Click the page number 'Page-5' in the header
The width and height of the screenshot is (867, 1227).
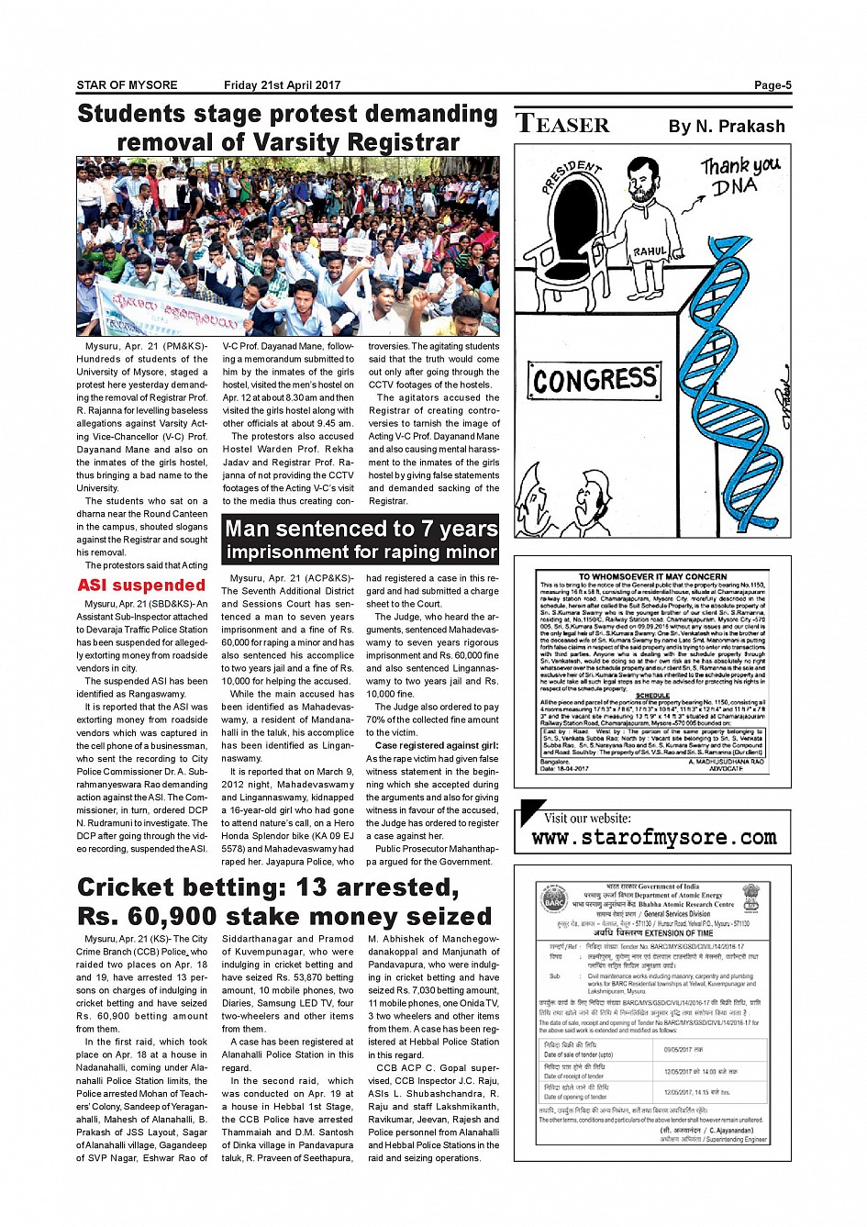773,85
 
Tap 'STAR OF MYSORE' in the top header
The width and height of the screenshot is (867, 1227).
127,85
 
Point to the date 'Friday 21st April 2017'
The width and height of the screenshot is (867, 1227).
282,85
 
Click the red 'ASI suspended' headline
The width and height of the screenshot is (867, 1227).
141,586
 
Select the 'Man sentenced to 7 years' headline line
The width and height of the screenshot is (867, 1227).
361,529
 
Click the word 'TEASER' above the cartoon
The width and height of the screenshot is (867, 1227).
562,124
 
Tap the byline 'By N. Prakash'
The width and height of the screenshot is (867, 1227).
727,127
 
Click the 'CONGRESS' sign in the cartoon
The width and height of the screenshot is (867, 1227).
595,379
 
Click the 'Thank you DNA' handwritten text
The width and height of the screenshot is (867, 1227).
739,174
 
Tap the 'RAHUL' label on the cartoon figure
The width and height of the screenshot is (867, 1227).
650,251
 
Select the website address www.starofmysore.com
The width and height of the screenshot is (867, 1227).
654,837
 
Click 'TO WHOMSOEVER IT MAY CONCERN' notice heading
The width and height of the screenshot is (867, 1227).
652,577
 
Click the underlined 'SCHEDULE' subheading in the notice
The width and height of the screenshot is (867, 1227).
652,696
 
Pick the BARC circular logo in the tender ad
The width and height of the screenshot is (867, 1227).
555,899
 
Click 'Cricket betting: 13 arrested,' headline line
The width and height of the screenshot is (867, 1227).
268,887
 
